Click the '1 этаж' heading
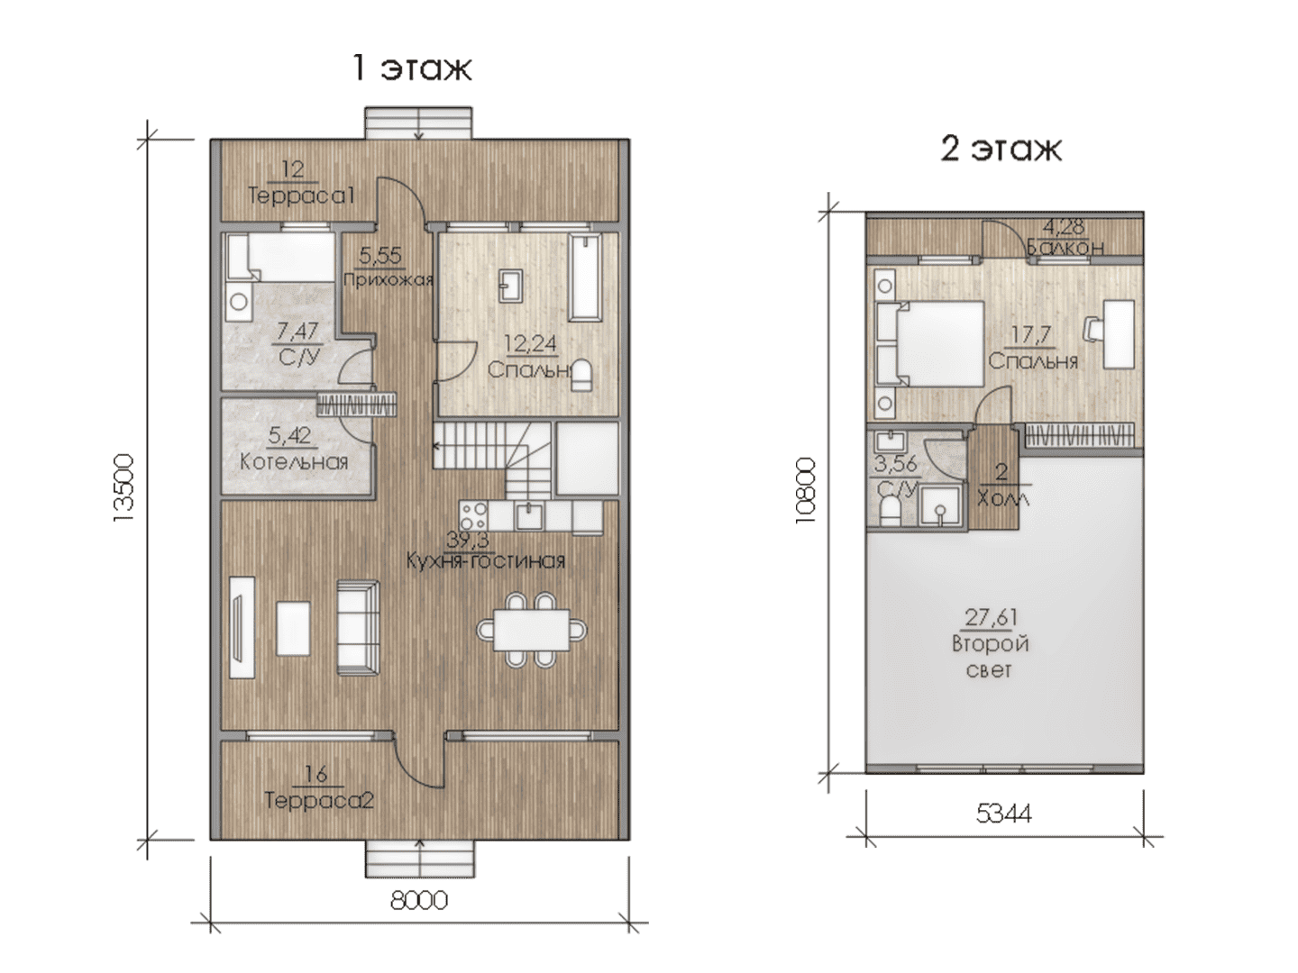click(412, 68)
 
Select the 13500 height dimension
click(124, 488)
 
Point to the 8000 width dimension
click(419, 900)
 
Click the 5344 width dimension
click(1003, 814)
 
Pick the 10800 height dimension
click(805, 490)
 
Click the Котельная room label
click(294, 461)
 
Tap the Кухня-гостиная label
click(486, 560)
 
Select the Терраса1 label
click(301, 195)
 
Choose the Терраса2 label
click(319, 801)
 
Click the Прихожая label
click(388, 279)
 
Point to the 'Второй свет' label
click(990, 656)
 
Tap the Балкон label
click(1065, 246)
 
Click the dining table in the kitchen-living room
click(532, 630)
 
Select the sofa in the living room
click(359, 627)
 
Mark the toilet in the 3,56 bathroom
click(890, 511)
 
